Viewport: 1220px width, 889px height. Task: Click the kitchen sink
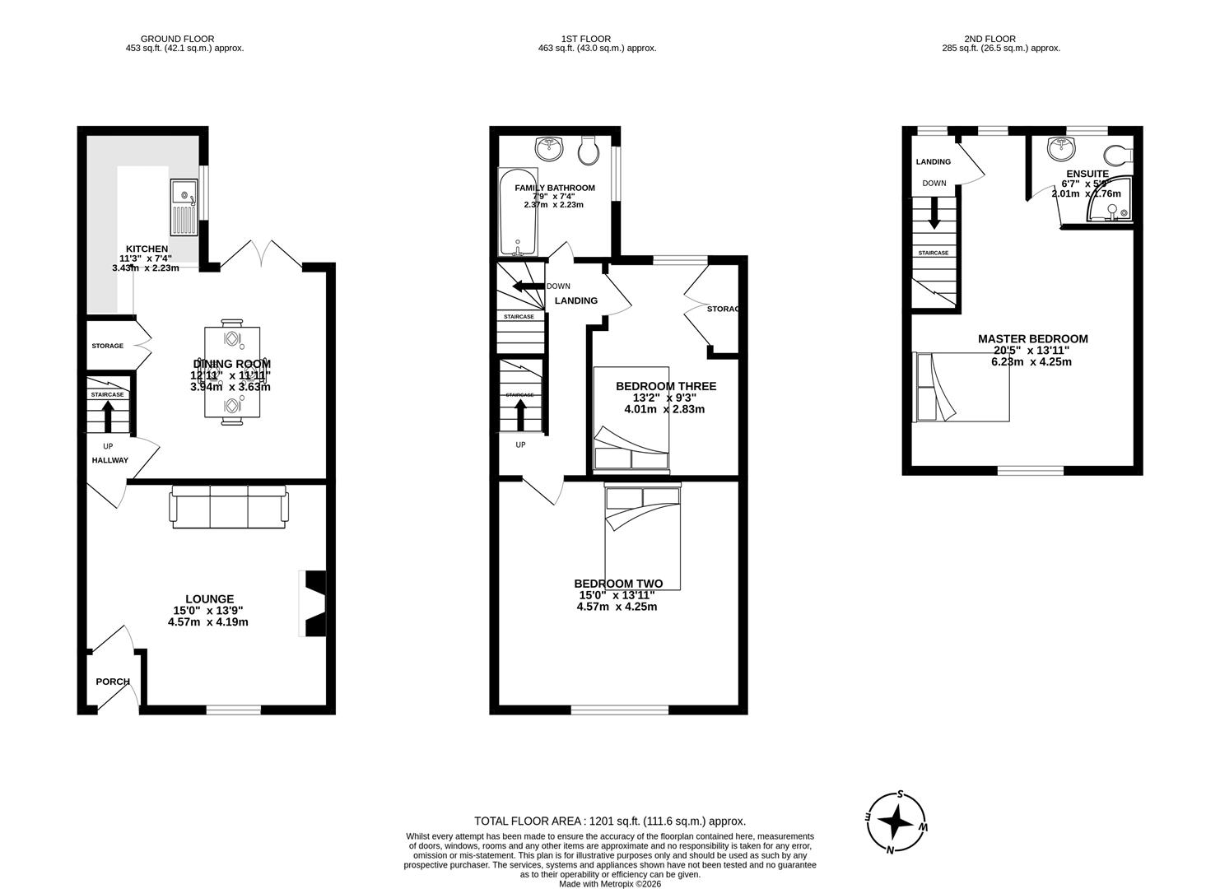(184, 207)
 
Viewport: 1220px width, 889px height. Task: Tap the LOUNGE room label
(208, 599)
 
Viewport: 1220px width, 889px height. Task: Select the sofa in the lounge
(229, 506)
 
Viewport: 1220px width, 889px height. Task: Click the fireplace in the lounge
(314, 603)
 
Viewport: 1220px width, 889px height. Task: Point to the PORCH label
(113, 682)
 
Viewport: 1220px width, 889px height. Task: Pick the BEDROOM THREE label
(666, 386)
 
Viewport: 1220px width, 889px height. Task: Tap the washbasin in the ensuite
(1061, 149)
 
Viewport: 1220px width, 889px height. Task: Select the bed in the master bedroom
(962, 386)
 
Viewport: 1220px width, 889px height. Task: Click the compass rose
(896, 822)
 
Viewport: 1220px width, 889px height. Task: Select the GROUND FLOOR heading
(177, 39)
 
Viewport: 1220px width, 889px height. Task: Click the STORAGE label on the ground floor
(107, 346)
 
